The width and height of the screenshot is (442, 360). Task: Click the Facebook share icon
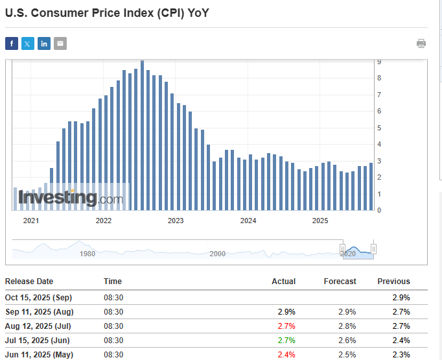coord(12,43)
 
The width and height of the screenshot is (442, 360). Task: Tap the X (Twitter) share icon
coord(28,43)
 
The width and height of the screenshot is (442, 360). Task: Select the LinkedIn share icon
coord(44,43)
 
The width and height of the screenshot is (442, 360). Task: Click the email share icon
coord(60,43)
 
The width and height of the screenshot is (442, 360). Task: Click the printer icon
coord(421,43)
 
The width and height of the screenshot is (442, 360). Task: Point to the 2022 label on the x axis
coord(103,221)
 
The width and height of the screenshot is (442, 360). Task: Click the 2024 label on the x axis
coord(248,221)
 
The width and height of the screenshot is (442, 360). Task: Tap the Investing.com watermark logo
coord(70,197)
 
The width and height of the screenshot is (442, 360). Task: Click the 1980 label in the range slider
coord(87,254)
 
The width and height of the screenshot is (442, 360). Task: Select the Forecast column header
coord(340,282)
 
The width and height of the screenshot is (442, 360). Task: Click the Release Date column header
coord(29,282)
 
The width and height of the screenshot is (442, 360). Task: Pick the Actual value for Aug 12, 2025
coord(286,326)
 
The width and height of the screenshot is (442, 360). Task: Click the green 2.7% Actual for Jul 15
coord(286,341)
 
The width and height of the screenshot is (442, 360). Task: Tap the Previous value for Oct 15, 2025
coord(401,296)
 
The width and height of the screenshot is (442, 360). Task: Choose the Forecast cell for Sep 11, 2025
coord(347,311)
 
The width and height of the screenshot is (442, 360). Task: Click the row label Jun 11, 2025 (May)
coord(39,355)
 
